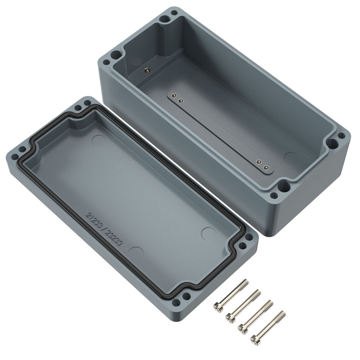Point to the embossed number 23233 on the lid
coord(113,238)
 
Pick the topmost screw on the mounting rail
coord(174,95)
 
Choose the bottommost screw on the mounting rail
coord(266,168)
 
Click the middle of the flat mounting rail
coord(220,132)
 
